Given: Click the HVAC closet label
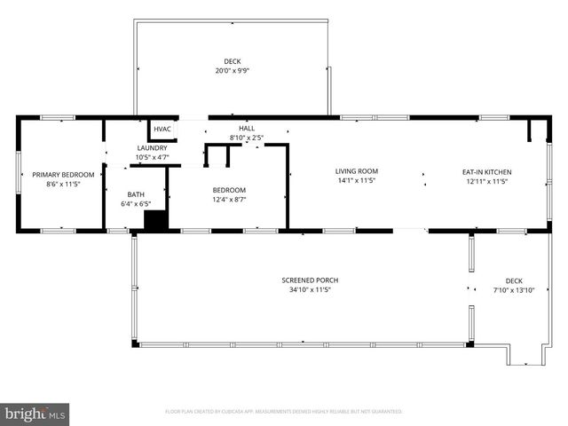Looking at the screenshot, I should point(162,129).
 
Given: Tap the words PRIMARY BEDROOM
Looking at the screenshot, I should point(63,175).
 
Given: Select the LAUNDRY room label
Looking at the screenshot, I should point(152,148).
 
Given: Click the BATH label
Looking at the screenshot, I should point(136,194).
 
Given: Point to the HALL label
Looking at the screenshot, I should point(247,129).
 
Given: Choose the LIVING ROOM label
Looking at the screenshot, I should point(357,171).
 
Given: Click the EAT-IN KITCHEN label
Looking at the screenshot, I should point(487,171).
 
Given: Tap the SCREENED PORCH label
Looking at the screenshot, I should point(310,280).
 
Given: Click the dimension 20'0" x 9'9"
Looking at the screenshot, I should point(233,71).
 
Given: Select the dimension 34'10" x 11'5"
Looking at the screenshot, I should point(310,290).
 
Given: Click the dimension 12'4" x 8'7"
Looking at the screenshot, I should point(229,200).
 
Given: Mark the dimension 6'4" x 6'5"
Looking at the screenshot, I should point(136,204).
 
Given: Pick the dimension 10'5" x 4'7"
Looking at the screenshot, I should point(152,157).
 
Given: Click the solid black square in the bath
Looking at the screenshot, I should point(155,221).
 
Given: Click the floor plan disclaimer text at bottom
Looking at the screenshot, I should point(284,412).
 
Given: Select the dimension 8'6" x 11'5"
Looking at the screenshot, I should point(63,185).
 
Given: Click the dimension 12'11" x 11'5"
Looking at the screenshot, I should point(487,181).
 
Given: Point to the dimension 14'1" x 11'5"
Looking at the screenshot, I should point(357,181).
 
